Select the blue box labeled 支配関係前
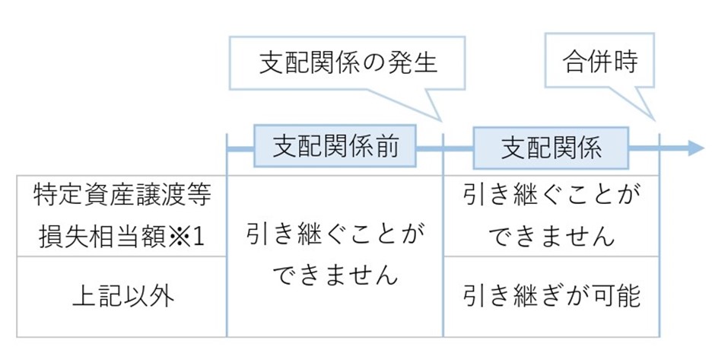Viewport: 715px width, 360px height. point(335,146)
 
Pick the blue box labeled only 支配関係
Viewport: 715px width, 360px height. point(551,146)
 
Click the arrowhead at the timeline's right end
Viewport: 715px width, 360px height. point(695,147)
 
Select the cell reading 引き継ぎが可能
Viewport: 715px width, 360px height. point(551,296)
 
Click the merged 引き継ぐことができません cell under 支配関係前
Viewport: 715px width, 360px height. point(335,255)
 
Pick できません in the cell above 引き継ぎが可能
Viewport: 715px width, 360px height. point(551,236)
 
